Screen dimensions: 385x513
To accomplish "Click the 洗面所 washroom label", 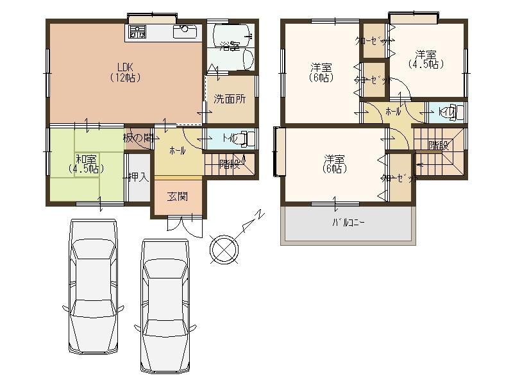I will tap(229, 99).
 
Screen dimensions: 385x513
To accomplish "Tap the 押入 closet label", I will tap(137, 177).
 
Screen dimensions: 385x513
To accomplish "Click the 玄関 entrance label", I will tap(178, 197).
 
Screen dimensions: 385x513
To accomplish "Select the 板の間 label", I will tap(138, 137).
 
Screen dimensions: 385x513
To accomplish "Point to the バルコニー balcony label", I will tap(348, 223).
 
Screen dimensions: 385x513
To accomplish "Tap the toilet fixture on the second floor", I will tap(453, 112).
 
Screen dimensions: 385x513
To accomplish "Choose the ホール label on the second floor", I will tap(393, 111).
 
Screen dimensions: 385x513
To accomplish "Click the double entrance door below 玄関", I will tap(185, 223).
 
